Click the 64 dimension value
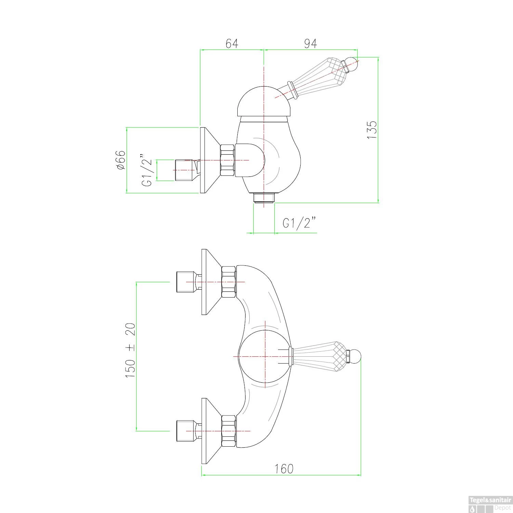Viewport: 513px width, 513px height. (232, 43)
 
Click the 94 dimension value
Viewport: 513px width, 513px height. (310, 43)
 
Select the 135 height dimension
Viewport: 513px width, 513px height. (372, 129)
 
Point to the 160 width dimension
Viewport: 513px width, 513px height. (284, 469)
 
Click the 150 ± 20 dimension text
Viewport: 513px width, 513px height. (131, 350)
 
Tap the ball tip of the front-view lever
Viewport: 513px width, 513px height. (355, 356)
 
